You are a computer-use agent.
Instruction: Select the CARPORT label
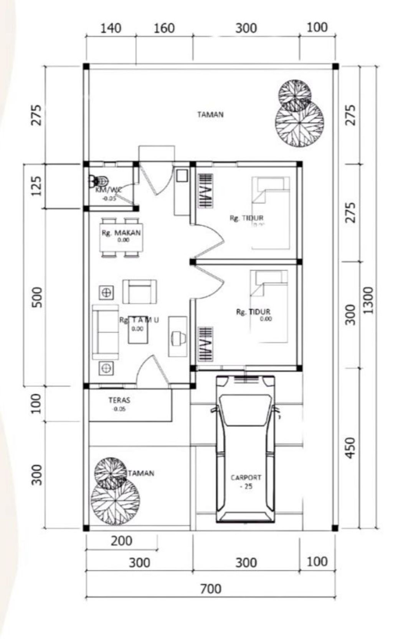coord(246,478)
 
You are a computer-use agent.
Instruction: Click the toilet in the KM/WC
coord(100,180)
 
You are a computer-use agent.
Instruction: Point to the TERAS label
coord(119,400)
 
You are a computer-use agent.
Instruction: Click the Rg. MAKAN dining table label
coord(121,233)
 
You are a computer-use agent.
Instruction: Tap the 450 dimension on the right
coord(350,447)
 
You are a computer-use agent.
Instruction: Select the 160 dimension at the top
coord(164,28)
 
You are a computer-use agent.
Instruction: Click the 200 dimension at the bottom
coord(121,541)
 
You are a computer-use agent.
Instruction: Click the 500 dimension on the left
coord(37,297)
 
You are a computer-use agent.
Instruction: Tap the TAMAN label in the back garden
coord(210,114)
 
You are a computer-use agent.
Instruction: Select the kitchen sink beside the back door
coord(181,176)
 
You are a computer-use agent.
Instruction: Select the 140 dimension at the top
coord(111,28)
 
